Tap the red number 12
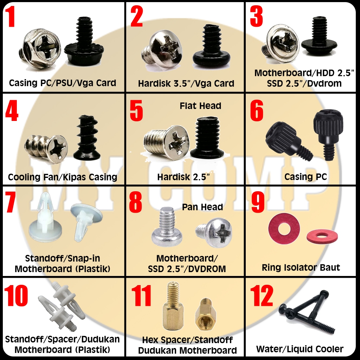pyautogui.click(x=262, y=296)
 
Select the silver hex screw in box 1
pyautogui.click(x=40, y=49)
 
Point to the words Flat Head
pyautogui.click(x=200, y=106)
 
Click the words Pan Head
pyautogui.click(x=202, y=207)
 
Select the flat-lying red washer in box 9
pyautogui.click(x=322, y=236)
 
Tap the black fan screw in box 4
pyautogui.click(x=87, y=138)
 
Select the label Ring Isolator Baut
pyautogui.click(x=301, y=268)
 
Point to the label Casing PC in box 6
pyautogui.click(x=306, y=177)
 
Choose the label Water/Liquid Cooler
pyautogui.click(x=300, y=349)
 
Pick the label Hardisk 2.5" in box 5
pyautogui.click(x=184, y=177)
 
